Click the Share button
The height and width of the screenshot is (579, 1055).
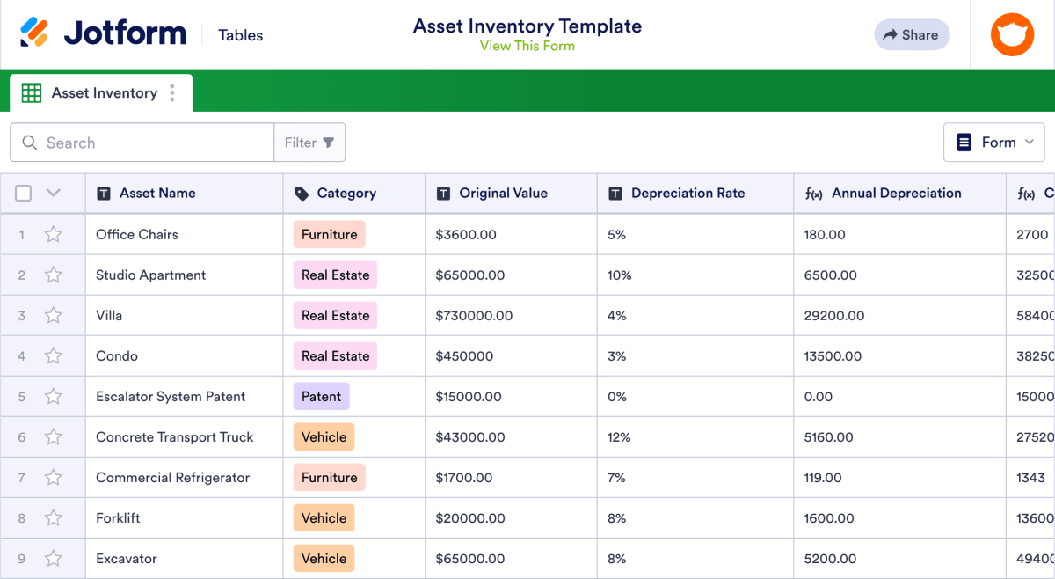click(x=912, y=35)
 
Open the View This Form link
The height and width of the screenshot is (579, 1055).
click(x=527, y=47)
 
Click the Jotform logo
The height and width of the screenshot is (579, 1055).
click(x=104, y=33)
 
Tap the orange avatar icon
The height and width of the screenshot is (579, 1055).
click(x=1012, y=35)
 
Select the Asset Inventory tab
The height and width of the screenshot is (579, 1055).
click(x=104, y=93)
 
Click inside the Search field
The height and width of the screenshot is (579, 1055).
click(x=149, y=143)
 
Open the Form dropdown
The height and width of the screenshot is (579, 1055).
click(x=993, y=143)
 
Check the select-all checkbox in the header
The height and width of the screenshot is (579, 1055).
click(x=24, y=194)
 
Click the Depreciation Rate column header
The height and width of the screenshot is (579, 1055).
click(x=688, y=194)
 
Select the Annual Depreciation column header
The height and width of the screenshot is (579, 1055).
click(x=896, y=194)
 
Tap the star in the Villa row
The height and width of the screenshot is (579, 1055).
click(x=54, y=316)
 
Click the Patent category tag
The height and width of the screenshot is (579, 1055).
click(x=321, y=397)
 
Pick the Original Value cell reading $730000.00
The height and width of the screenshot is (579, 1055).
click(x=474, y=316)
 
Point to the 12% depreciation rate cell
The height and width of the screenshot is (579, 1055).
click(x=619, y=437)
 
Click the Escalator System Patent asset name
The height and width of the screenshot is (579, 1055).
click(x=171, y=397)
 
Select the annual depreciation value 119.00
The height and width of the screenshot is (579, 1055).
click(x=823, y=478)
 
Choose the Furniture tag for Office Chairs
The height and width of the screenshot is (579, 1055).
click(x=329, y=235)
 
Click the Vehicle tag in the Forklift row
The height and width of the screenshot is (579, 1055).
click(x=324, y=518)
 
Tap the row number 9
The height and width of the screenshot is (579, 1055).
click(x=22, y=559)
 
